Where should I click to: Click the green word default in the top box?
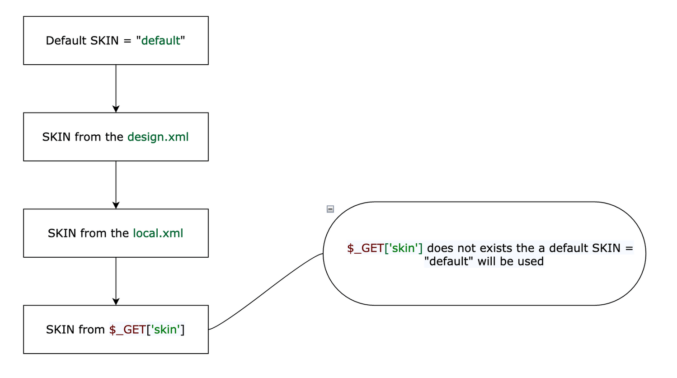pos(161,41)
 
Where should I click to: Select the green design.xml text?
pos(158,137)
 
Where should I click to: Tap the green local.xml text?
pos(158,233)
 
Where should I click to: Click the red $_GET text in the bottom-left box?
pos(127,330)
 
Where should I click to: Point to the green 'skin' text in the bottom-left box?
pos(165,330)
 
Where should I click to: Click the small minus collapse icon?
pos(330,209)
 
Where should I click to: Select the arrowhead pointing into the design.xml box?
pos(116,109)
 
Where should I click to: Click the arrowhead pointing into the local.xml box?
pos(116,205)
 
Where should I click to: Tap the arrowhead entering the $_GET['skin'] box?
pos(116,302)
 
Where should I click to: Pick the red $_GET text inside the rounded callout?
pos(366,248)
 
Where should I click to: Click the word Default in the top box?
pos(66,41)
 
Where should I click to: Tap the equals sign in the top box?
pos(127,41)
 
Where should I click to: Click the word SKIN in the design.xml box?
pos(56,137)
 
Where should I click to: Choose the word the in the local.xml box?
pos(120,233)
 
